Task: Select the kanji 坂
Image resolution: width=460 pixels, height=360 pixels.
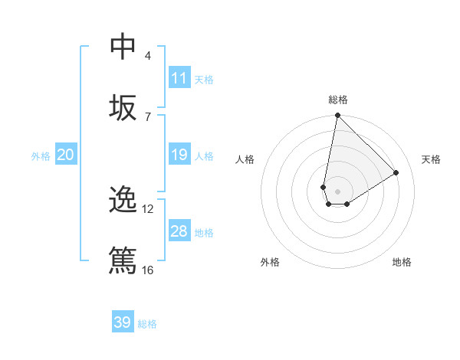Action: point(123,108)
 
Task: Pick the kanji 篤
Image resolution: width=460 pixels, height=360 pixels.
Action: point(123,260)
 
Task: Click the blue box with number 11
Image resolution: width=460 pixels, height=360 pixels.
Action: point(179,77)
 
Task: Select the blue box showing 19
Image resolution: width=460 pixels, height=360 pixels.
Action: point(179,155)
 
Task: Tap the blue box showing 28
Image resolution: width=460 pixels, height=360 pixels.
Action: point(179,231)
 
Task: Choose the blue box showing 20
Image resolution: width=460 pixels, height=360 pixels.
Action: point(65,155)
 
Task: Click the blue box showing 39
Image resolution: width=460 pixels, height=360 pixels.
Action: point(123,322)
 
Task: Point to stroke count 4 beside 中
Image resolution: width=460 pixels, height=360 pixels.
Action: point(148,56)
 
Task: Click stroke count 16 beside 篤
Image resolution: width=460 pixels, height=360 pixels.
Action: point(147,270)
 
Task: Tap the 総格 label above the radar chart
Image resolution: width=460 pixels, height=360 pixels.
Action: point(337,100)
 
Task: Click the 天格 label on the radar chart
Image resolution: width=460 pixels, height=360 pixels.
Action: point(431,159)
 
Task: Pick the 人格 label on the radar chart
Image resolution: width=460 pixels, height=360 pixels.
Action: point(245,159)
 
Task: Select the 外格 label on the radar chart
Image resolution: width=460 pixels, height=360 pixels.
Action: point(270,262)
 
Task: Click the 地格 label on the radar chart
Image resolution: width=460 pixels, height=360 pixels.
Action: point(402,262)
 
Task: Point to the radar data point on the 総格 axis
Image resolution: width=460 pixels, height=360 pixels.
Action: point(337,116)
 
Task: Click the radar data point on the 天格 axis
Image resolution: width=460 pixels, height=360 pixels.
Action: point(396,172)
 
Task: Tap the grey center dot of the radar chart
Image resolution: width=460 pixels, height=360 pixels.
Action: point(337,191)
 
